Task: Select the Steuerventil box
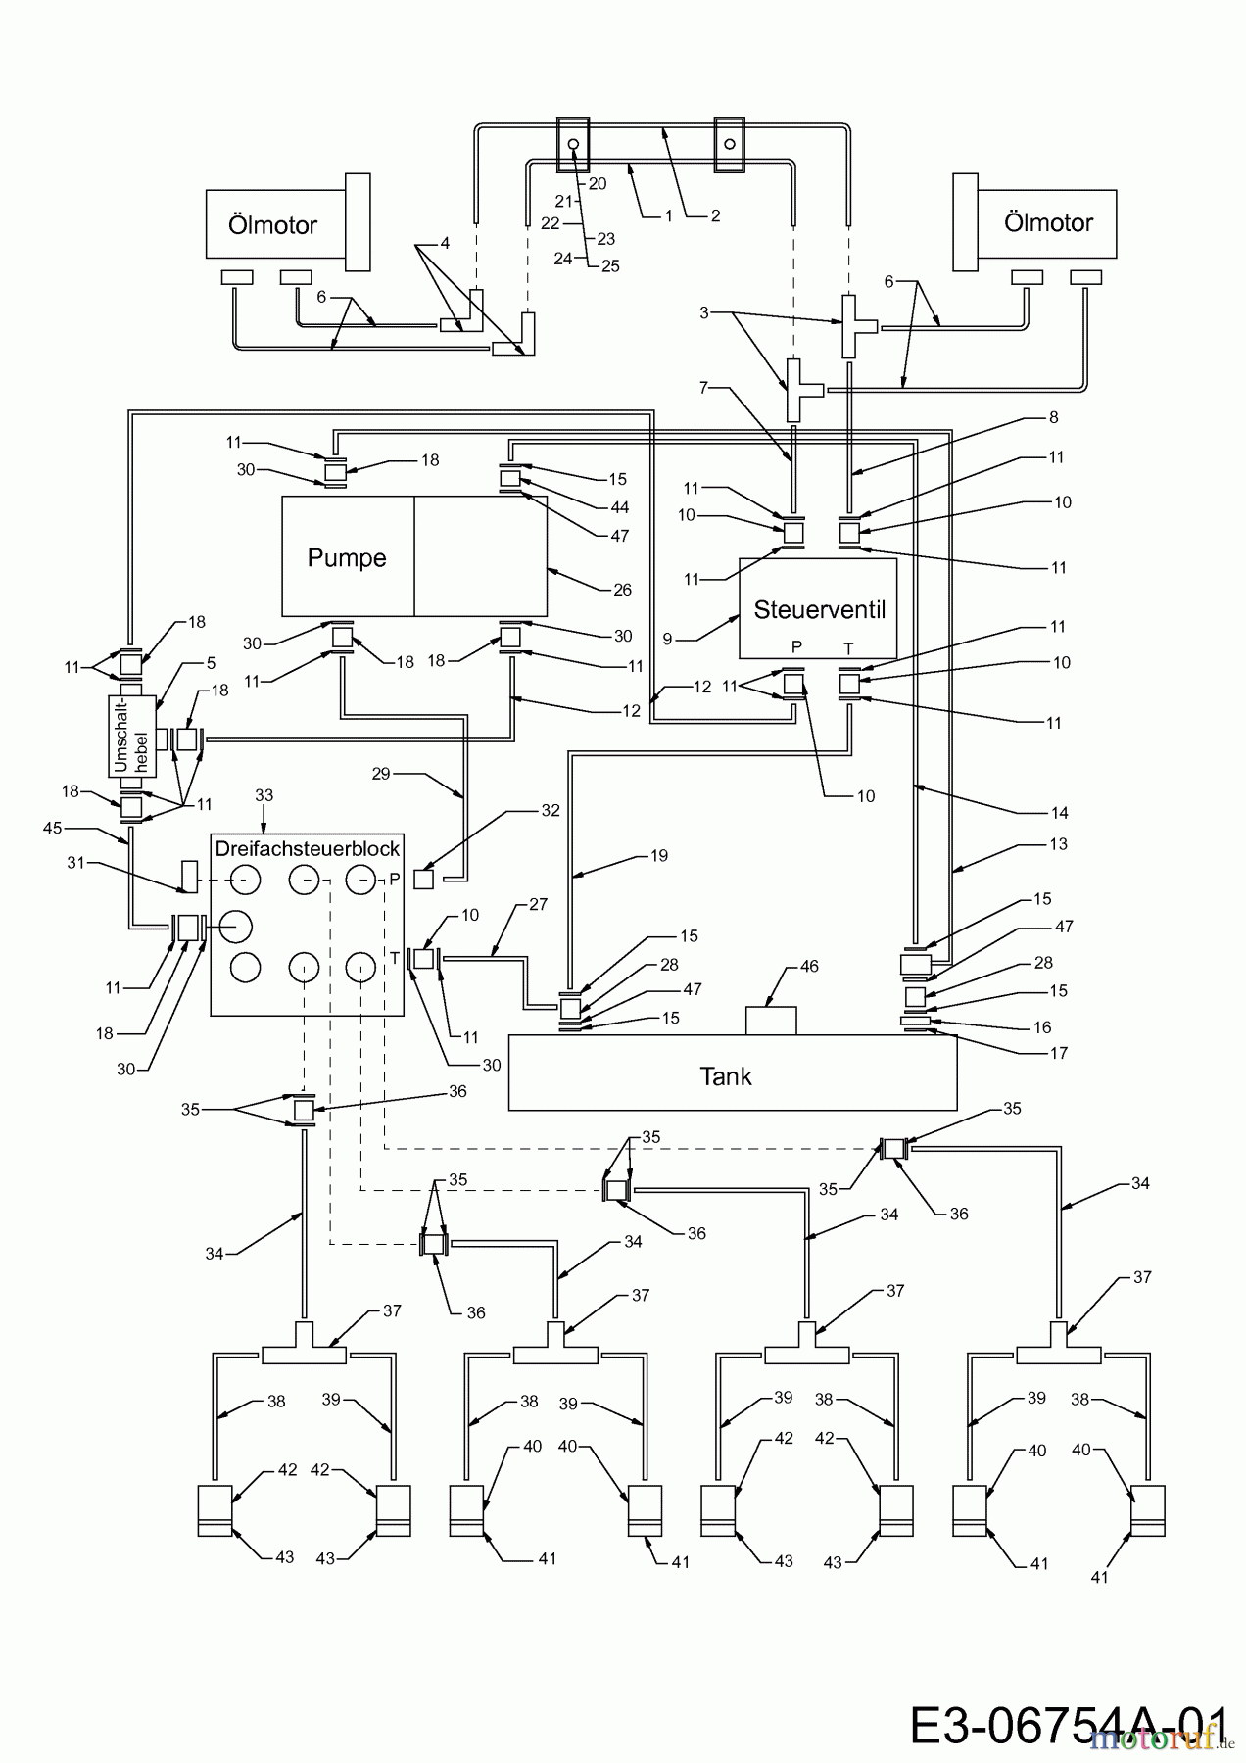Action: (x=818, y=609)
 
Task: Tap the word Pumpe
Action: (x=347, y=557)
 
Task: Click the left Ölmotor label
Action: (x=272, y=224)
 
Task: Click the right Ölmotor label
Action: (x=1048, y=222)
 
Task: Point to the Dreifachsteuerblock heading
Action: (x=307, y=848)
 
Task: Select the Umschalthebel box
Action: (x=132, y=737)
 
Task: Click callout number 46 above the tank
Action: (x=809, y=967)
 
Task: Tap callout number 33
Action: (x=264, y=796)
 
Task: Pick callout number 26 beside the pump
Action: (x=622, y=590)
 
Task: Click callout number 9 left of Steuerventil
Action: (x=667, y=639)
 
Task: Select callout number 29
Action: (x=381, y=774)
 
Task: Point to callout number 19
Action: (x=659, y=856)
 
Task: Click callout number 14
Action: (x=1058, y=812)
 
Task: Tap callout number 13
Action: (x=1058, y=844)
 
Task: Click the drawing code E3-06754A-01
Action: (x=1069, y=1726)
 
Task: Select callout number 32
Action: (x=551, y=810)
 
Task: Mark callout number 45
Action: (x=52, y=829)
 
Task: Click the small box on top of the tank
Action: (x=771, y=1020)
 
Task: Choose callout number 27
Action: (x=538, y=905)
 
